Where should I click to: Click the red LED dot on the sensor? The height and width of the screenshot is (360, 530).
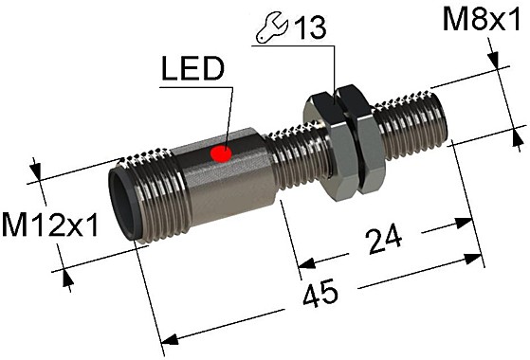(x=222, y=152)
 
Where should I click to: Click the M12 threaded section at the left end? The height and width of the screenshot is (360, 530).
(x=152, y=194)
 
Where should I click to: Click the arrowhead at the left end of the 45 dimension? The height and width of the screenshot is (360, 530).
(x=170, y=338)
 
